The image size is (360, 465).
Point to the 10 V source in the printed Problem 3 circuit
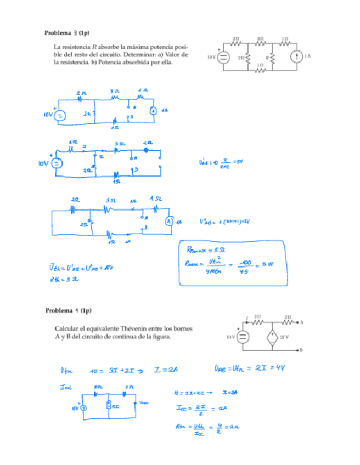[223, 57]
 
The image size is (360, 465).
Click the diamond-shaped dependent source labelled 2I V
[272, 336]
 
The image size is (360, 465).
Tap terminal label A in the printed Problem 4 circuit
[302, 322]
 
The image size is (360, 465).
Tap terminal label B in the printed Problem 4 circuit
[302, 349]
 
